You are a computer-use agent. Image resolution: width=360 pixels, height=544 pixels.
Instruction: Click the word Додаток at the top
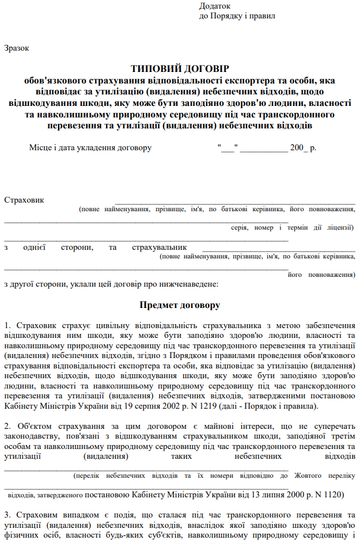point(214,6)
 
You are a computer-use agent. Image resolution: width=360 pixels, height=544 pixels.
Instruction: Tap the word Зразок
point(16,48)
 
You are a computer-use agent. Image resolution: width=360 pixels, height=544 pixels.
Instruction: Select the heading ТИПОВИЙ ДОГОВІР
point(180,68)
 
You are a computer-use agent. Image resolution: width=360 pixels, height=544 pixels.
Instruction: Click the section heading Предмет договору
point(180,304)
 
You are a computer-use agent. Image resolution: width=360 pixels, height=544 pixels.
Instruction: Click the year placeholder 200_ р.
point(304,148)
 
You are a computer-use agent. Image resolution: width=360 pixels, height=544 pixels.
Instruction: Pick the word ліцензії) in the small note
point(339,227)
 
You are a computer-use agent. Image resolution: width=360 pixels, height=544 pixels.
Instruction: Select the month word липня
point(267,494)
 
